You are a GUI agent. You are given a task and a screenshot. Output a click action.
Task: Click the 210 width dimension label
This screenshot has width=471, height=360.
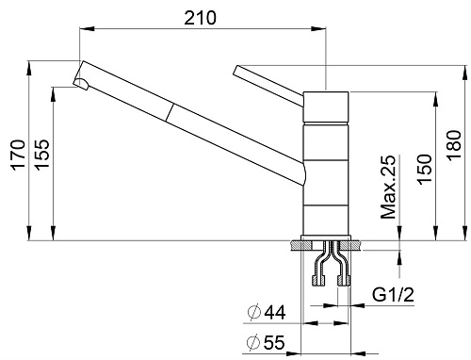[x=200, y=18]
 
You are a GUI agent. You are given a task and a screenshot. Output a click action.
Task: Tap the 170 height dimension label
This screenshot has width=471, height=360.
[x=18, y=155]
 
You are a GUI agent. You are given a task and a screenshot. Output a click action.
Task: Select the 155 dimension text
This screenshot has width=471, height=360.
[x=42, y=155]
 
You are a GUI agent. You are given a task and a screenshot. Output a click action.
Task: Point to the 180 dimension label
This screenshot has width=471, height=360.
[x=454, y=145]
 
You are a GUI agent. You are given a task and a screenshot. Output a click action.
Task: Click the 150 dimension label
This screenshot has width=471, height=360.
[x=424, y=170]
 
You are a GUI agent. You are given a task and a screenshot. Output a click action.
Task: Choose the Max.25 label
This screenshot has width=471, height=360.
[x=388, y=187]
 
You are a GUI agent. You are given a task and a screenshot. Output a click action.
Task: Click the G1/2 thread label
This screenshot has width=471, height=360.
[x=394, y=295]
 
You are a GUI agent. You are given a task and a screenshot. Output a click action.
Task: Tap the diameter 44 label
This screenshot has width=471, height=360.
[x=267, y=313]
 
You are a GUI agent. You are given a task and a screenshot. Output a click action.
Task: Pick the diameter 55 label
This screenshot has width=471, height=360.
[x=266, y=342]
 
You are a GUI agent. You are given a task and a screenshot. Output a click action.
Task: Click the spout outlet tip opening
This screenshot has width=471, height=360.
[x=81, y=84]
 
